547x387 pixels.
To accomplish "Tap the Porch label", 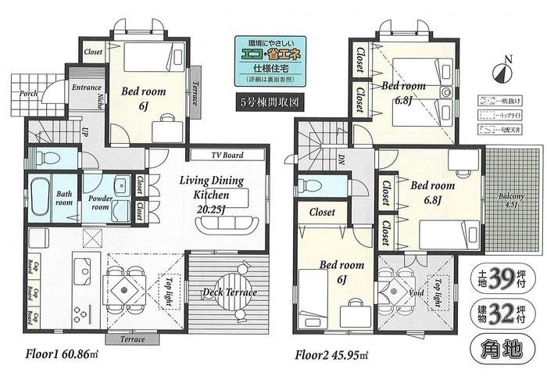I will pyautogui.click(x=29, y=94).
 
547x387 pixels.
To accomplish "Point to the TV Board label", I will pyautogui.click(x=227, y=156).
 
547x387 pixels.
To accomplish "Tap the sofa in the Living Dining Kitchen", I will pyautogui.click(x=227, y=225).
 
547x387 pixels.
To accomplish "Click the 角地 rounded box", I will pyautogui.click(x=502, y=349).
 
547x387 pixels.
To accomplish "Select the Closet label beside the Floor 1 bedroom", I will pyautogui.click(x=93, y=52).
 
